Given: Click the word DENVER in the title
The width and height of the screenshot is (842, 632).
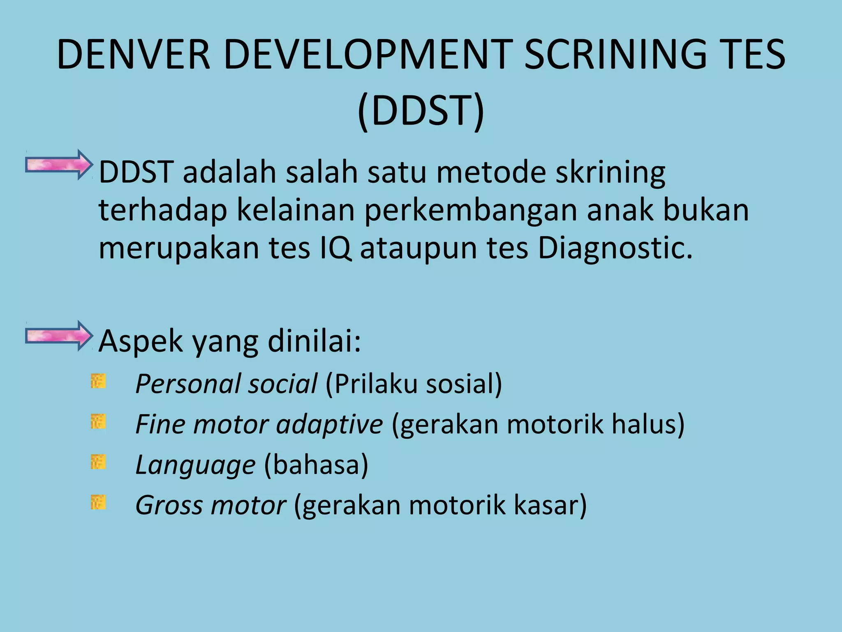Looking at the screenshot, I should (134, 54).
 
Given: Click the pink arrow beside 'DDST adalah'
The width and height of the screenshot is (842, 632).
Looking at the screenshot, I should (58, 165).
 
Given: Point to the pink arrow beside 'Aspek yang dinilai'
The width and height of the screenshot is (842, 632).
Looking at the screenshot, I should (58, 336).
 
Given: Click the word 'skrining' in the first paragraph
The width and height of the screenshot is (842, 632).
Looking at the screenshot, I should (610, 172).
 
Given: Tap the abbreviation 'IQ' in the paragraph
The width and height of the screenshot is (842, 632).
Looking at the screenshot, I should (335, 248).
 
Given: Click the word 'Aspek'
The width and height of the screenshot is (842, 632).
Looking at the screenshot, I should (141, 342).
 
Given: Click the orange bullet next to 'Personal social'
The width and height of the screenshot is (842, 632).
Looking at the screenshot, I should (98, 381).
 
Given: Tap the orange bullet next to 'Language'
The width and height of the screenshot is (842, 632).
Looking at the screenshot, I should (98, 462).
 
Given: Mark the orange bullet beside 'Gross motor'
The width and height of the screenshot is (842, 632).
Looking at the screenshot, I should (98, 502).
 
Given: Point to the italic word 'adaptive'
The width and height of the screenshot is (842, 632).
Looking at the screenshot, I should (329, 424).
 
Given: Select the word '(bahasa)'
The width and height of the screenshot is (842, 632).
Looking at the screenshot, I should (316, 465).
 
